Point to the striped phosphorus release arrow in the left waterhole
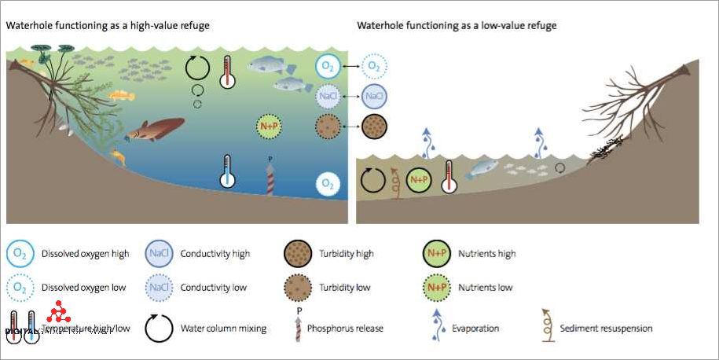pyautogui.click(x=271, y=179)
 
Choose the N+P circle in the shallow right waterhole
pyautogui.click(x=419, y=180)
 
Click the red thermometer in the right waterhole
pyautogui.click(x=449, y=177)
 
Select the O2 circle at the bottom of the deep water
pyautogui.click(x=328, y=184)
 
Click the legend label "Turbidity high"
pyautogui.click(x=346, y=254)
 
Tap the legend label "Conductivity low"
pyautogui.click(x=214, y=288)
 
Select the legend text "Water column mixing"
pyautogui.click(x=223, y=329)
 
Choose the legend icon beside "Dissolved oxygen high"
pyautogui.click(x=19, y=254)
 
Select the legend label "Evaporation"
pyautogui.click(x=476, y=329)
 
